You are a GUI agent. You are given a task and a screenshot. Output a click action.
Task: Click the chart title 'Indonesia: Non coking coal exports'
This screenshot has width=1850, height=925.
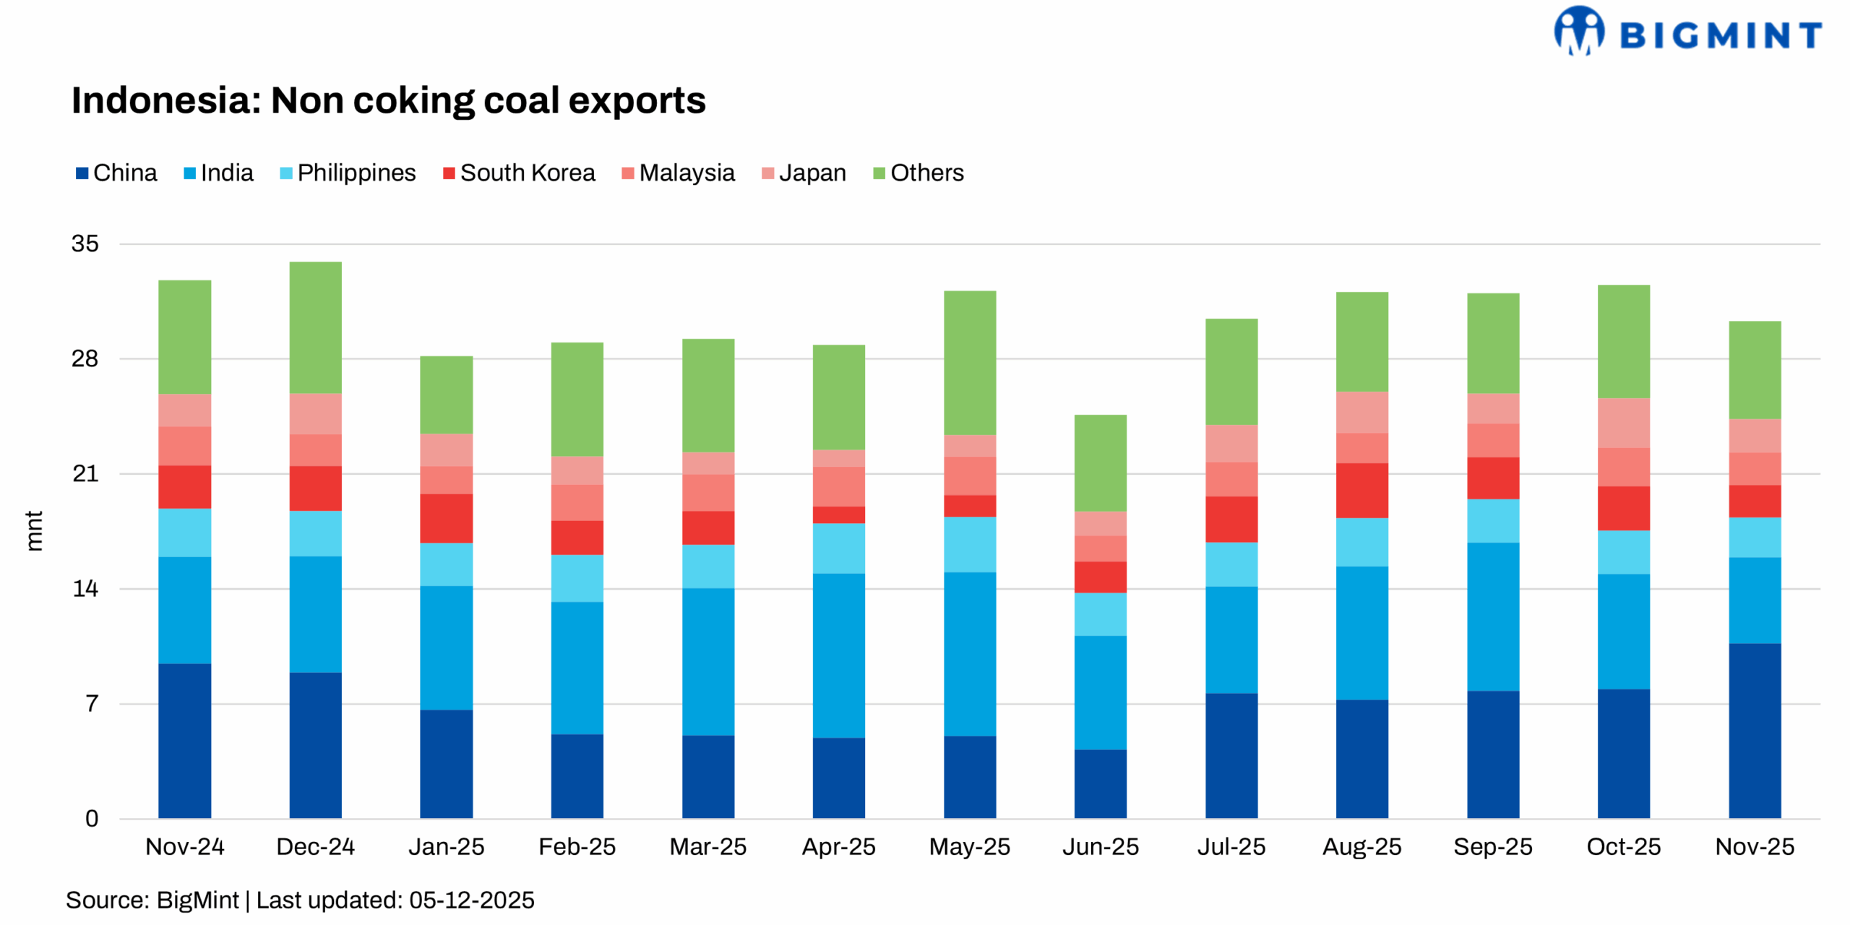coord(388,100)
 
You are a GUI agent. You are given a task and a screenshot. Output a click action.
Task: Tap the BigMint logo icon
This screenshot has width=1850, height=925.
coord(1578,31)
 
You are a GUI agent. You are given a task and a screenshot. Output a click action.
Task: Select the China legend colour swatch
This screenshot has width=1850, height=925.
coord(82,173)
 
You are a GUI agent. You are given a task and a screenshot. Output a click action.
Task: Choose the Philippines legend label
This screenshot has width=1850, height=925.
coord(356,173)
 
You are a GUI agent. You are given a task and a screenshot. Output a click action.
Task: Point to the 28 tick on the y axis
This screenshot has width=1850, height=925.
coord(85,359)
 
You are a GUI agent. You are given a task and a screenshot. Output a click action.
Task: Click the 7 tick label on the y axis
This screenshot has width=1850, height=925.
coord(92,704)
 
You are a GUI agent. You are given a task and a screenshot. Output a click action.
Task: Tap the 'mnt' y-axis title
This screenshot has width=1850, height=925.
coord(34,531)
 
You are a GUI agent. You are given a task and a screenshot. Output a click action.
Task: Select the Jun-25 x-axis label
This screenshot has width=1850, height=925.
coord(1100,846)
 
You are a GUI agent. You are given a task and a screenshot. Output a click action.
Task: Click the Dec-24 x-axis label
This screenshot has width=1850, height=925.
coord(315,846)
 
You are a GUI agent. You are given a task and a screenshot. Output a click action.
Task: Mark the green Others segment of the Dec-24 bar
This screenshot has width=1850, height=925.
coord(315,327)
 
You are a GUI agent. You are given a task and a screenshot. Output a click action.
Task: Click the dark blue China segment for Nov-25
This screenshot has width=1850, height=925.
coord(1754,730)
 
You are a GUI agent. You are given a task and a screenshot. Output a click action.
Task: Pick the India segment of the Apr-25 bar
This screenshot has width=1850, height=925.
coord(838,655)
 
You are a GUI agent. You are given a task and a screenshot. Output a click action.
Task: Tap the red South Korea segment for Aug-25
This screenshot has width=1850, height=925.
coord(1361,490)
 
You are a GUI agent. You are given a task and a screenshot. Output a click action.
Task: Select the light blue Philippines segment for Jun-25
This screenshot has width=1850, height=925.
coord(1100,614)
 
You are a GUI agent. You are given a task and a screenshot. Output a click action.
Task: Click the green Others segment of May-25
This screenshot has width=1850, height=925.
coord(969,363)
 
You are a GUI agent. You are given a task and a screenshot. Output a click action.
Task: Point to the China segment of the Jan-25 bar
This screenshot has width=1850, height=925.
coord(446,764)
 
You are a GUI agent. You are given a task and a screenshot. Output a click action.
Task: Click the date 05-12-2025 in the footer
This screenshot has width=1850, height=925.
coord(471,900)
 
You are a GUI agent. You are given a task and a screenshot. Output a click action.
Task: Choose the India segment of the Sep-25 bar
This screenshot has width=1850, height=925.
coord(1492,616)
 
